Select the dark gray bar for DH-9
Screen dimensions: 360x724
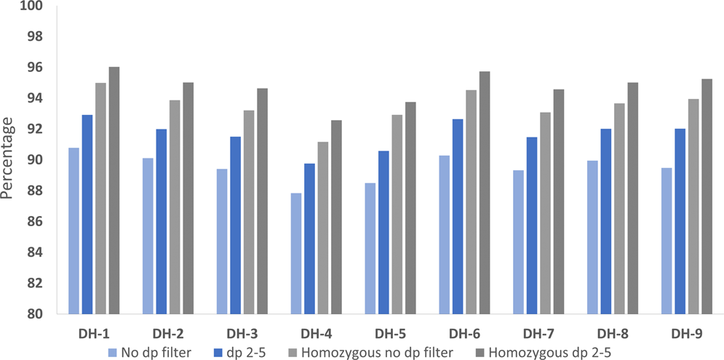(707, 196)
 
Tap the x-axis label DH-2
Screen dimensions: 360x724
(167, 334)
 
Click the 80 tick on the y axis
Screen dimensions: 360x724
(37, 314)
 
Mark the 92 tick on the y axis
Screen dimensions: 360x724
(37, 129)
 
